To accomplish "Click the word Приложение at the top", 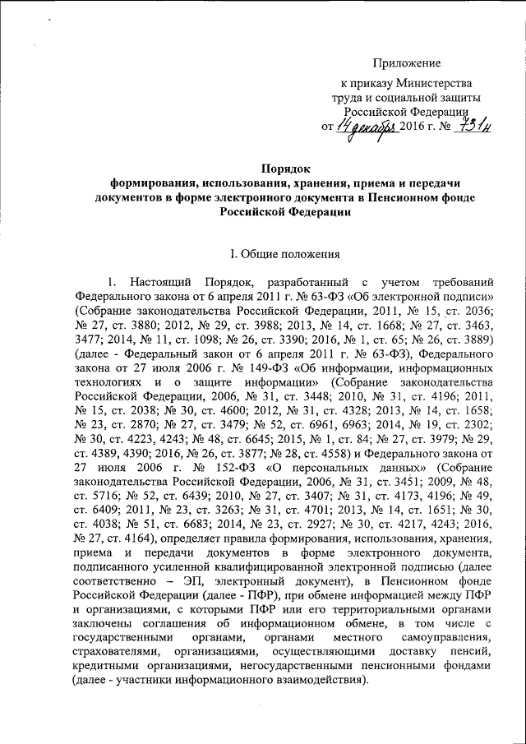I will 408,63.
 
